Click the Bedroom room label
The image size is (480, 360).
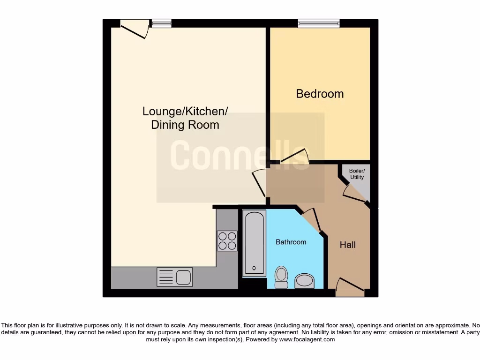point(320,94)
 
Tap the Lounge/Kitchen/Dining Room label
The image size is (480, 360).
point(185,118)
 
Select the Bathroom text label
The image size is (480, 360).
point(291,242)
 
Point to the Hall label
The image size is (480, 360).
point(348,245)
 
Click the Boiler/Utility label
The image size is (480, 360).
point(357,174)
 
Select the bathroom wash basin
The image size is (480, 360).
point(305,281)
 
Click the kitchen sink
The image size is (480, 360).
point(175,277)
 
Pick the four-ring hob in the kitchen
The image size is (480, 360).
point(227,241)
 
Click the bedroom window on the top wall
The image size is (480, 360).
point(319,23)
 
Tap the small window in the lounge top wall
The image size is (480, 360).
point(161,23)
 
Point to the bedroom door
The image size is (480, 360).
point(295,157)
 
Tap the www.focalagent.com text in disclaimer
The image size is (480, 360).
point(307,339)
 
